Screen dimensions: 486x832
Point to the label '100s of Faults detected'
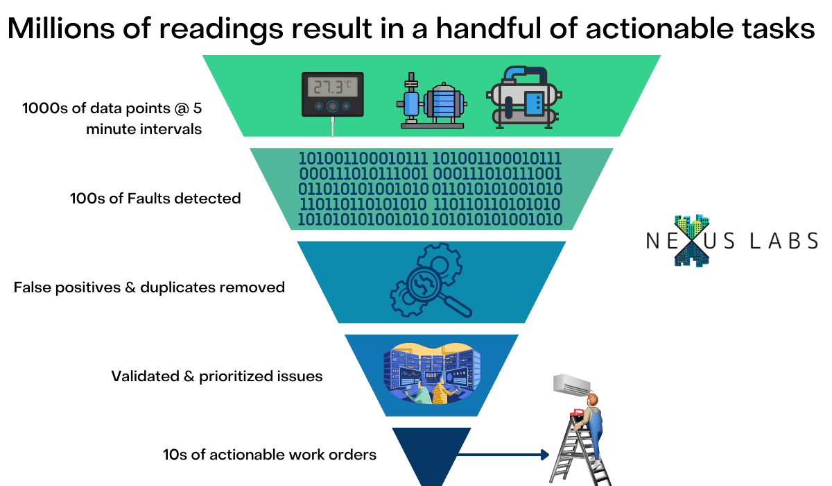155,199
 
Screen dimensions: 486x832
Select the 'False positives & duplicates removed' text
149,287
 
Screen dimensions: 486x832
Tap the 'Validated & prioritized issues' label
216,376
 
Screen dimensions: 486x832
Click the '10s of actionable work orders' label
269,455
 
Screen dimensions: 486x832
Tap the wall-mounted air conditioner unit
572,383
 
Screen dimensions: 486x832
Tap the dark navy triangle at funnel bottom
431,451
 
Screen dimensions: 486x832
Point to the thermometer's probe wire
333,126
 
